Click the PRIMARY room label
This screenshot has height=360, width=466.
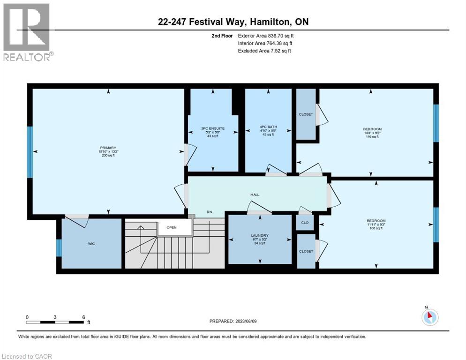[x=107, y=148]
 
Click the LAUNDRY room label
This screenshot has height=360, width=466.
[x=259, y=236]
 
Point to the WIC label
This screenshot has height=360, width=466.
[x=92, y=244]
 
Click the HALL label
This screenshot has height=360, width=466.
[x=255, y=195]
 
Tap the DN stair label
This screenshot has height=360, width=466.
[x=210, y=212]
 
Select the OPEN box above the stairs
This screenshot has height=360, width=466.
[x=171, y=228]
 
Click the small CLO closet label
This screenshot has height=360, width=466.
[x=305, y=222]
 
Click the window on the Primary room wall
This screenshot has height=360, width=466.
[x=30, y=152]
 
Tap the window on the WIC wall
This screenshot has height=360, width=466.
[x=59, y=247]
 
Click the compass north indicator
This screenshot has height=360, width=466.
[x=430, y=317]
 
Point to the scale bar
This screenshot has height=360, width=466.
[x=55, y=322]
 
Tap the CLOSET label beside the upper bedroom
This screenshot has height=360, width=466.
[x=306, y=114]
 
